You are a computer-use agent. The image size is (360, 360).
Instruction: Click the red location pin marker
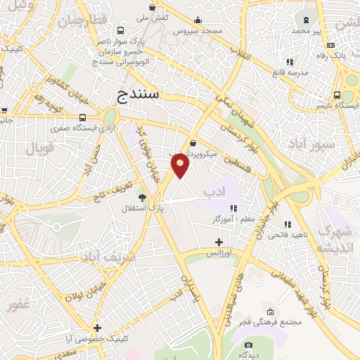pyautogui.click(x=181, y=165)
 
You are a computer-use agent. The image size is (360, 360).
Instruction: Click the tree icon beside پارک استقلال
pyautogui.click(x=143, y=198)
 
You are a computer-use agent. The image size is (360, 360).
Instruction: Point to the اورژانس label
pyautogui.click(x=219, y=252)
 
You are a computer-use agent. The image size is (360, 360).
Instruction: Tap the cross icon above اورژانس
pyautogui.click(x=219, y=241)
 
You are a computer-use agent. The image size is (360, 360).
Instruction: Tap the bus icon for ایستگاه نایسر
pyautogui.click(x=337, y=95)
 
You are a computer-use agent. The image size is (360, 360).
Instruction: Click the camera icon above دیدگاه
pyautogui.click(x=248, y=345)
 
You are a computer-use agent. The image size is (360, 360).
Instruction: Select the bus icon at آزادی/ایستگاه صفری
pyautogui.click(x=82, y=118)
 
